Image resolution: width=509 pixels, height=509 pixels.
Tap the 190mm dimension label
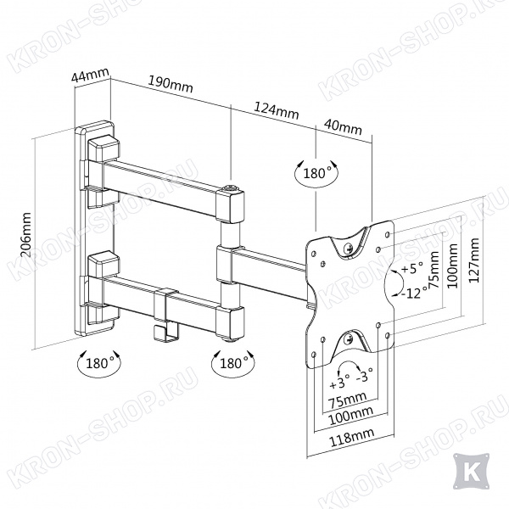pyautogui.click(x=171, y=84)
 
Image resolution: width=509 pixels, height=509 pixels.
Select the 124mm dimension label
pyautogui.click(x=276, y=109)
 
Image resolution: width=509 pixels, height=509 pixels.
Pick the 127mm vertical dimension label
pyautogui.click(x=473, y=260)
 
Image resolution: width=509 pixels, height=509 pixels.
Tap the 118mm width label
pyautogui.click(x=352, y=437)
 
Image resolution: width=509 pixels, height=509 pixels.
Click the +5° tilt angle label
pyautogui.click(x=412, y=269)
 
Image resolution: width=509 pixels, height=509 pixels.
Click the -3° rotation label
pyautogui.click(x=364, y=376)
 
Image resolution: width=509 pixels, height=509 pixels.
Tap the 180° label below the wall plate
pyautogui.click(x=98, y=363)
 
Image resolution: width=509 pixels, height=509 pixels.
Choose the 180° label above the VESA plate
pyautogui.click(x=315, y=173)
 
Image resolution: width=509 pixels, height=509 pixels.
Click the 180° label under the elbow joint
pyautogui.click(x=232, y=363)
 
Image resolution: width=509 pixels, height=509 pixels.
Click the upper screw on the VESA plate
pyautogui.click(x=350, y=249)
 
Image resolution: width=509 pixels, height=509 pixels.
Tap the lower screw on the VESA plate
pyautogui.click(x=349, y=340)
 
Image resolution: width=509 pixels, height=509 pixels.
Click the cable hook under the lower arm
pyautogui.click(x=167, y=332)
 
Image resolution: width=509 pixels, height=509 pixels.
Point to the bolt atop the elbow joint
pyautogui.click(x=231, y=187)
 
